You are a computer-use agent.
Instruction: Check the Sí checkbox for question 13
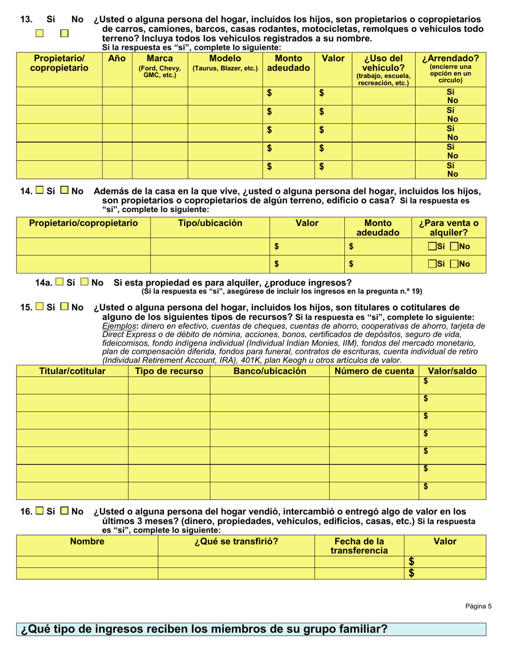pyautogui.click(x=39, y=34)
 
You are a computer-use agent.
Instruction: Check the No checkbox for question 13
pyautogui.click(x=65, y=34)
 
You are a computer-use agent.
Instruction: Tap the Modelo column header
pyautogui.click(x=225, y=63)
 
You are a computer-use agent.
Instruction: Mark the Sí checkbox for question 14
pyautogui.click(x=39, y=190)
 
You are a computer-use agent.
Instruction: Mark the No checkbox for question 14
pyautogui.click(x=65, y=190)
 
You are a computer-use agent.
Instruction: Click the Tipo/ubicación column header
pyautogui.click(x=210, y=223)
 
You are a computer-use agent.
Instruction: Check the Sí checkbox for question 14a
pyautogui.click(x=60, y=282)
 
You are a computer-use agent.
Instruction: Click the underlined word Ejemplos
pyautogui.click(x=116, y=326)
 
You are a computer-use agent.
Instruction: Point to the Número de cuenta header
pyautogui.click(x=374, y=371)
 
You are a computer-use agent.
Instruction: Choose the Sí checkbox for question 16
pyautogui.click(x=39, y=511)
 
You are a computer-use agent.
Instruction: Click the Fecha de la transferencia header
pyautogui.click(x=359, y=545)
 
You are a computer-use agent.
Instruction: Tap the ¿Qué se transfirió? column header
pyautogui.click(x=236, y=541)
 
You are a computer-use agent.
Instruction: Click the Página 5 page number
pyautogui.click(x=478, y=606)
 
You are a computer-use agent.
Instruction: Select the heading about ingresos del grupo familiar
pyautogui.click(x=204, y=629)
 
